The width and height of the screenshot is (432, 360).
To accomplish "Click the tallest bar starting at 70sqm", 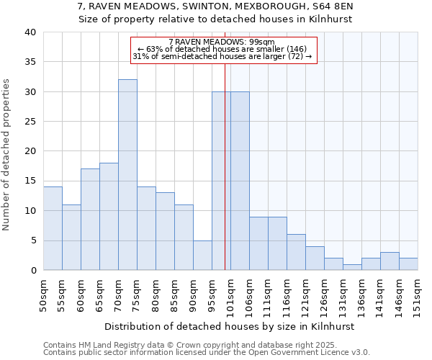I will pyautogui.click(x=127, y=175).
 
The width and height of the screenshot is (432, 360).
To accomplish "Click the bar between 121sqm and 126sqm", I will pyautogui.click(x=315, y=258).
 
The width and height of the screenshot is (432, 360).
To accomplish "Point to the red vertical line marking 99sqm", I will pyautogui.click(x=225, y=166).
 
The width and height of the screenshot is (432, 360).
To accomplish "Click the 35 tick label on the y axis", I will pyautogui.click(x=30, y=63).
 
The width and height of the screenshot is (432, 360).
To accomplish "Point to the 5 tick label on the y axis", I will pyautogui.click(x=32, y=240).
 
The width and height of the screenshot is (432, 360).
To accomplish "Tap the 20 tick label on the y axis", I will pyautogui.click(x=30, y=151).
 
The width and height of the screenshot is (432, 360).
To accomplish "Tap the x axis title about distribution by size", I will pyautogui.click(x=230, y=326).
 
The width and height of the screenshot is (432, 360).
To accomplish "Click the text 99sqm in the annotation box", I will pyautogui.click(x=261, y=42).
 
